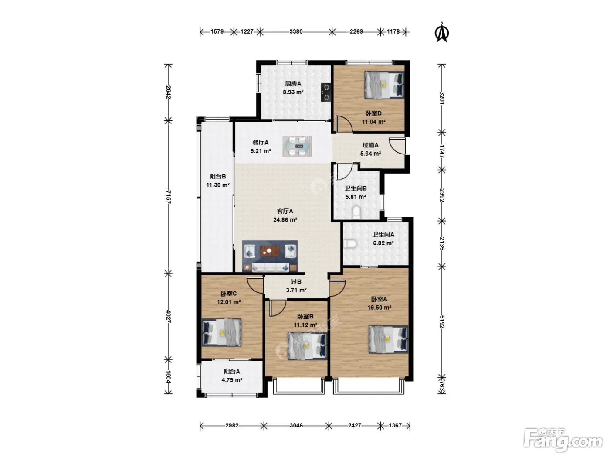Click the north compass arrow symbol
pos(441,32)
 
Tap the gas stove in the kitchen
pos(326,92)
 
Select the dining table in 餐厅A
pos(297,146)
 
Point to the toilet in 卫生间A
pos(350,244)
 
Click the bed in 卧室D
pos(384,85)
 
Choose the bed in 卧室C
pos(221,332)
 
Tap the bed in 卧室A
pos(389,339)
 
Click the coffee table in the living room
pos(269,251)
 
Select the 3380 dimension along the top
pos(296,32)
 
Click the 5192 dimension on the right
pos(442,322)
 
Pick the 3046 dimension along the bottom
pos(296,425)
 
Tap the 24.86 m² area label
pos(285,220)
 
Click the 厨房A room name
pos(293,83)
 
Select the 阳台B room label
pos(217,176)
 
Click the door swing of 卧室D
pos(344,124)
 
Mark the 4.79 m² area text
pos(232,380)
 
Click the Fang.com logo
pos(563,441)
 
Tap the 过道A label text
pos(370,145)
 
